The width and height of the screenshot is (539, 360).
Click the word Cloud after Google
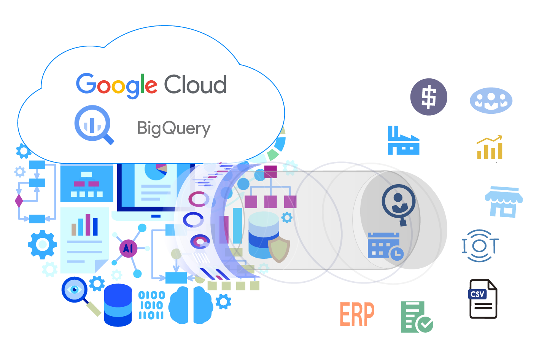196,84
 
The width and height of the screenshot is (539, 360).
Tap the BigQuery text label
173,129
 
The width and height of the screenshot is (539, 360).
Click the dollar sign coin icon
429,97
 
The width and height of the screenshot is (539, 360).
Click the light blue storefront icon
504,202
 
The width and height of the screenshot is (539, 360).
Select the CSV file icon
483,299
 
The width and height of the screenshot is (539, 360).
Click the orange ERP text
357,314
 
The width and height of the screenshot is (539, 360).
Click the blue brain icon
191,305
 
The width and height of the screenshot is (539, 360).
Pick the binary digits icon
151,305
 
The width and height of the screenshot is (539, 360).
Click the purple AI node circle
128,248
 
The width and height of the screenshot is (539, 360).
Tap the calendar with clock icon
385,247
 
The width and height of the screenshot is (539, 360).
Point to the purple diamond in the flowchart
19,201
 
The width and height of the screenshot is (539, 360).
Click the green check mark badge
425,325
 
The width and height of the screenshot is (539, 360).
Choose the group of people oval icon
491,100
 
